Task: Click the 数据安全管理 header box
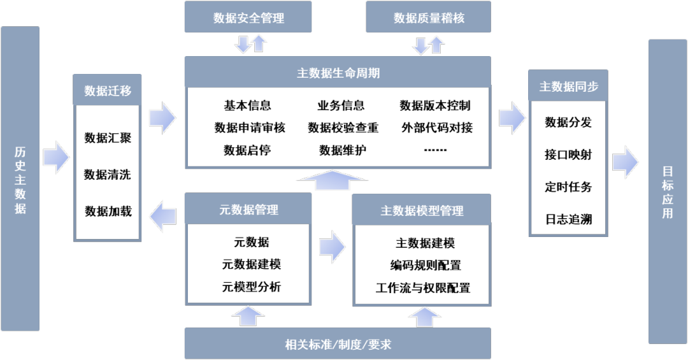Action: click(248, 17)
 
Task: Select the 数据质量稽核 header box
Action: click(428, 17)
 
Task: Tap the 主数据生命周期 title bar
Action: click(338, 73)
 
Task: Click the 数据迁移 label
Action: click(108, 90)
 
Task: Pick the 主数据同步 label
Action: click(568, 87)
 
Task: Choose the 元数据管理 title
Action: click(248, 210)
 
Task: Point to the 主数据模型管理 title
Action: click(422, 210)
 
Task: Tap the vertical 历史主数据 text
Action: click(20, 180)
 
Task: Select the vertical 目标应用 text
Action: click(667, 192)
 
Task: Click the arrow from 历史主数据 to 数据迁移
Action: click(57, 157)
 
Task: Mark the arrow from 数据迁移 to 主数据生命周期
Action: click(162, 118)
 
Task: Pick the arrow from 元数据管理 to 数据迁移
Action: click(162, 217)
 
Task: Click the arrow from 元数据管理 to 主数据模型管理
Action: click(332, 247)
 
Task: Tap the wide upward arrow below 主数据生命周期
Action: click(332, 180)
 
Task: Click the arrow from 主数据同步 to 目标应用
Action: click(625, 162)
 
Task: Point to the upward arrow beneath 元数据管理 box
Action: click(248, 316)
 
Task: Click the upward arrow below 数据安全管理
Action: click(259, 43)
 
